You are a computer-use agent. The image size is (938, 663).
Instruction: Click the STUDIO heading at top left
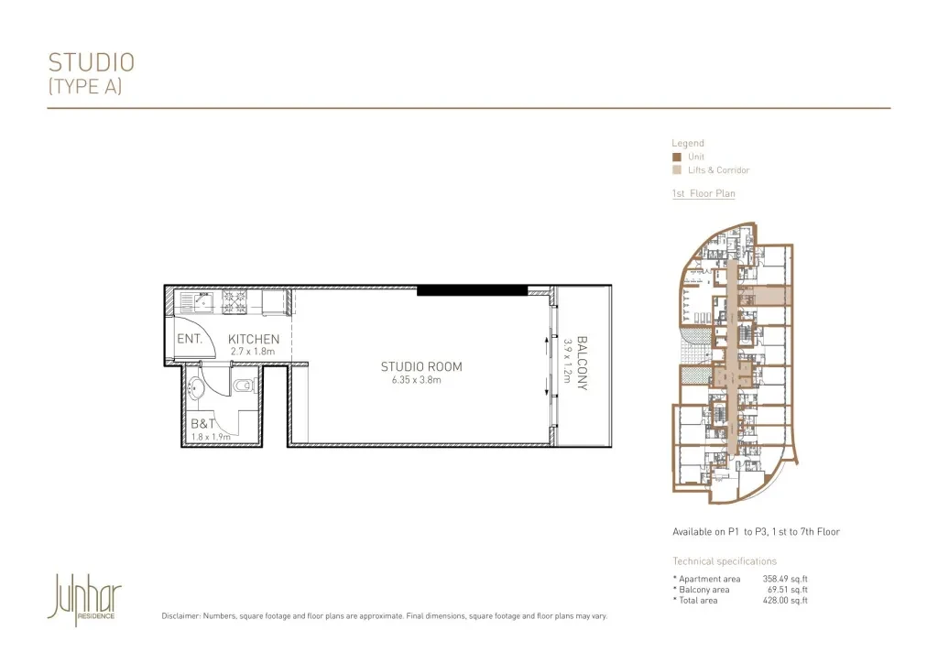[92, 63]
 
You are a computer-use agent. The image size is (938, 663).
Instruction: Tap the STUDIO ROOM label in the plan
[421, 366]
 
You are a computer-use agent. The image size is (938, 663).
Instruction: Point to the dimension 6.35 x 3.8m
[417, 380]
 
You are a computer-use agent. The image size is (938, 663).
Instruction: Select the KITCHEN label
[254, 339]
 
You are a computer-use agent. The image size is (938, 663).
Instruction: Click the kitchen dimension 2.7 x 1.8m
[253, 352]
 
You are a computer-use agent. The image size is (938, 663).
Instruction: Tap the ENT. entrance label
[190, 339]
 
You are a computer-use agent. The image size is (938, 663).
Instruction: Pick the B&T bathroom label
[202, 424]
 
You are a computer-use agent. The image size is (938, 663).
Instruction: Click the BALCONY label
[582, 363]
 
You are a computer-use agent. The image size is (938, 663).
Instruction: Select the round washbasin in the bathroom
[196, 388]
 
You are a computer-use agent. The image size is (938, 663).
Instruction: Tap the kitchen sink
[197, 302]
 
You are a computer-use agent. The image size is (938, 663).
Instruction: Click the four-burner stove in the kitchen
[234, 302]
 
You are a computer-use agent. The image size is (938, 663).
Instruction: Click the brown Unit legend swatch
[677, 158]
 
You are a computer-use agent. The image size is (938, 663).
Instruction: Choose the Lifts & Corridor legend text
[718, 170]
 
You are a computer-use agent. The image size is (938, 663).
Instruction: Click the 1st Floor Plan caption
[703, 193]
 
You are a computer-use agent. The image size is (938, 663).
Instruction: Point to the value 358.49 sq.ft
[785, 579]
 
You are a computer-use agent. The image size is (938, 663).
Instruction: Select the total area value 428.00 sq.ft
[785, 600]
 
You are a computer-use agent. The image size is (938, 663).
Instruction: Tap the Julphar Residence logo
[84, 599]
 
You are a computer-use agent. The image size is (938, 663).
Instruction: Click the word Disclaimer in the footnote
[180, 615]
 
